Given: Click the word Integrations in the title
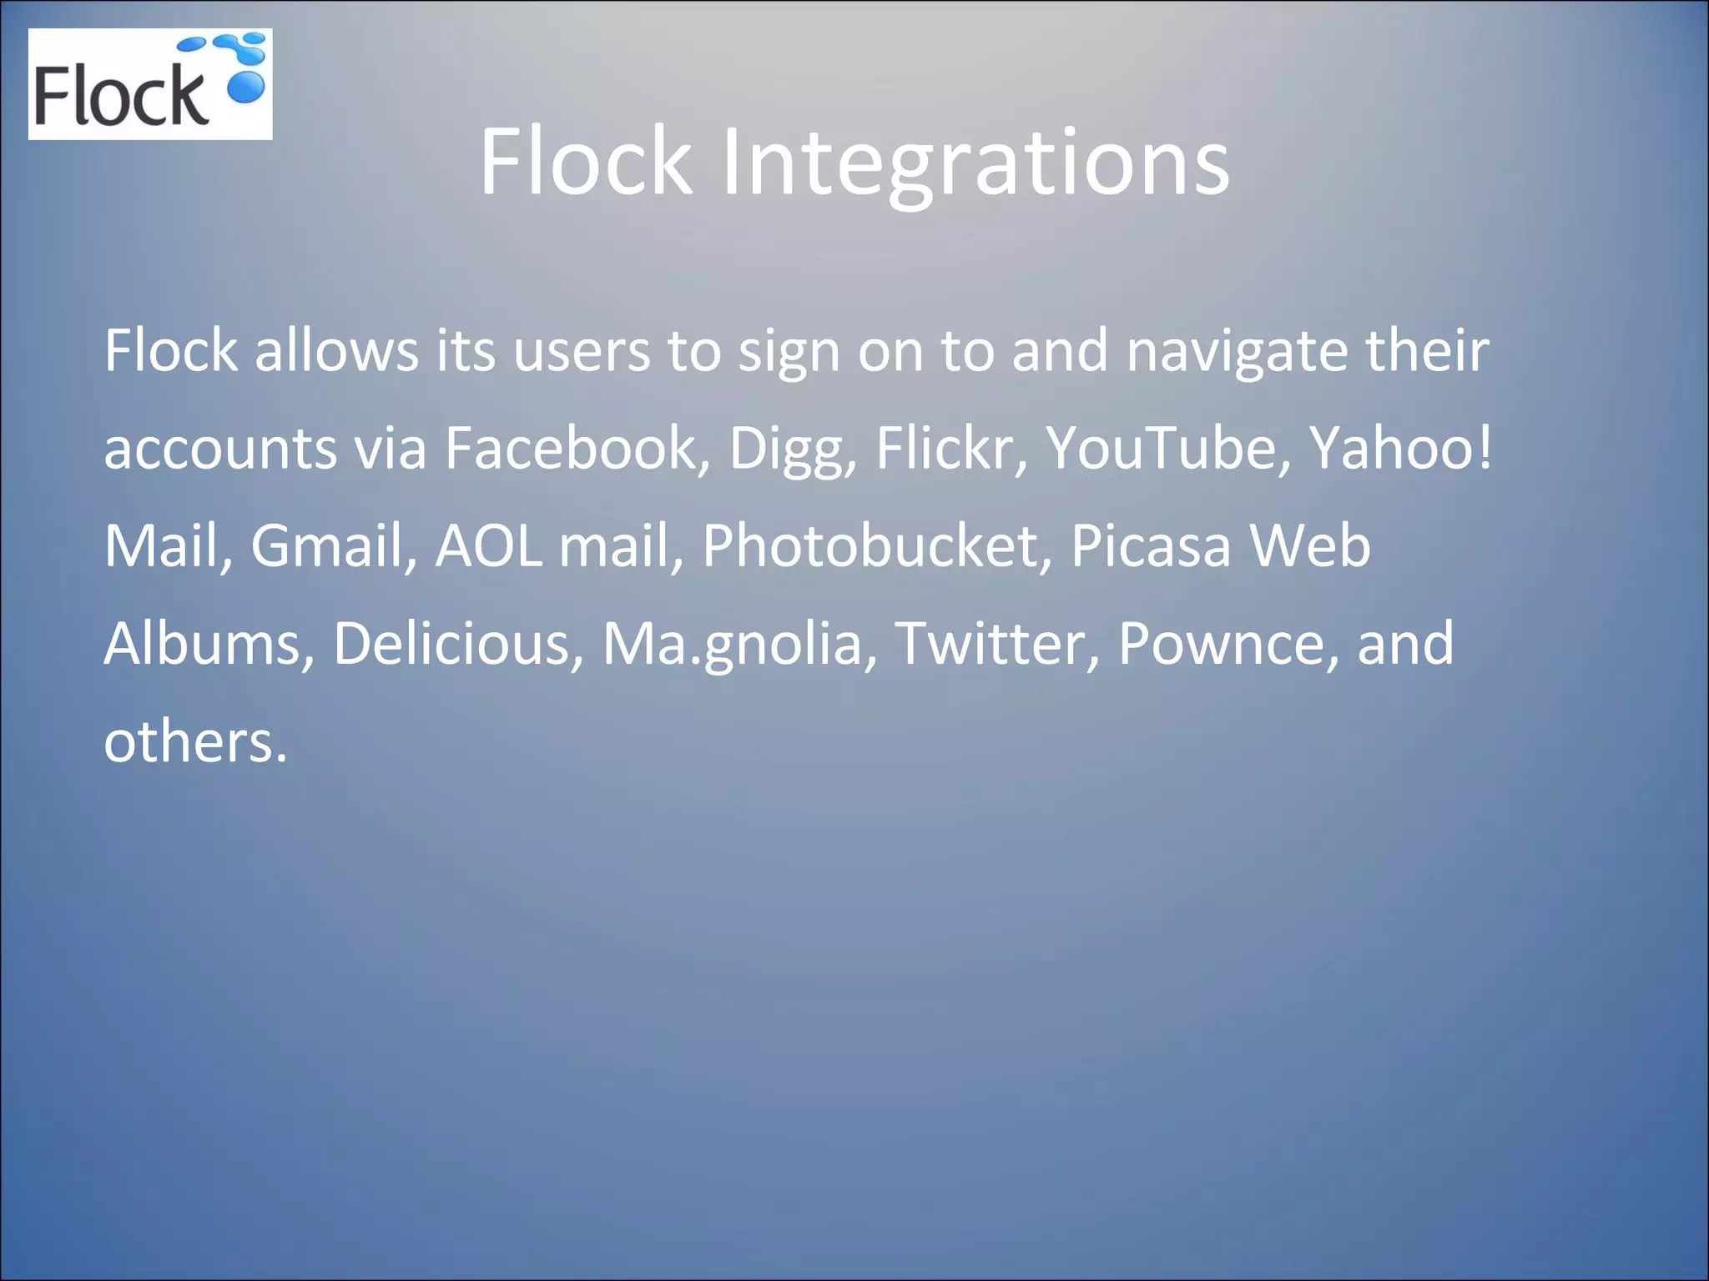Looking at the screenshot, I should coord(975,163).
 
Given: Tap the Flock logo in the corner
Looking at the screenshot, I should coord(150,84).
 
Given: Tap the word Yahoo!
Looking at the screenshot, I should coord(1400,449).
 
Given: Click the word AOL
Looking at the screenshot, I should coord(488,546).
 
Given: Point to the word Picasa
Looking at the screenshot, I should coord(1150,546).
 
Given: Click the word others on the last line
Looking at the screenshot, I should coord(194,741).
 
